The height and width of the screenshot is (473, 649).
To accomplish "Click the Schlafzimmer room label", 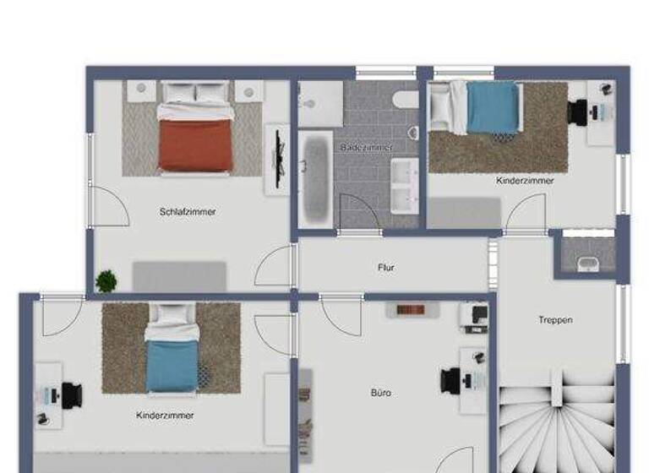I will coord(188,212).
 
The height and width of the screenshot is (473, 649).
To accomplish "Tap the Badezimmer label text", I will coord(367,148).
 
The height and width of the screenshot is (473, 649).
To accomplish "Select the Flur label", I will coord(385,268).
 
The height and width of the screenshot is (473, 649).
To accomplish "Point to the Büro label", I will coord(381,393).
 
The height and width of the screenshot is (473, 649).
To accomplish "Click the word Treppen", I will coord(555,320).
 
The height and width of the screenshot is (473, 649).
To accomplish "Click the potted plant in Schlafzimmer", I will coord(106,280).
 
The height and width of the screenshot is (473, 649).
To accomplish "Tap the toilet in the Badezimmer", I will coord(407,101).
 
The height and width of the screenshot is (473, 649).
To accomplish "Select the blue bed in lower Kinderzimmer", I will coord(172,359).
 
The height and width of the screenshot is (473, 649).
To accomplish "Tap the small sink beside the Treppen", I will coord(587,263).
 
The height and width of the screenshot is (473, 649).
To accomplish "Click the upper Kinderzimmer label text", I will coord(526,181).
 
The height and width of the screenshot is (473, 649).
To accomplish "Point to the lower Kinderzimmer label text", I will coord(165,416).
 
